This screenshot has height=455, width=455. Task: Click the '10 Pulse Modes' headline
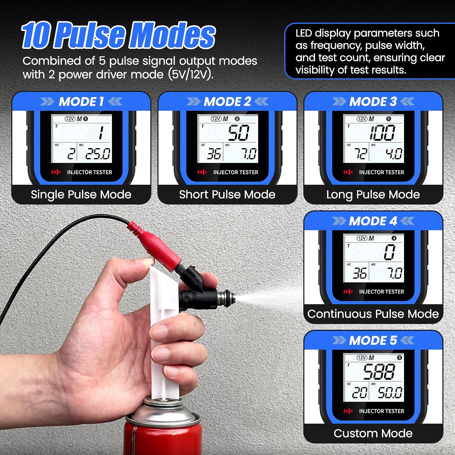click(x=118, y=35)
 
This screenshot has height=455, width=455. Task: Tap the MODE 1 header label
click(x=81, y=102)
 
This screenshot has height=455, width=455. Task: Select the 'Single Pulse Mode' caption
click(x=81, y=194)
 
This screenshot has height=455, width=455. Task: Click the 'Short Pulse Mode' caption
click(x=227, y=194)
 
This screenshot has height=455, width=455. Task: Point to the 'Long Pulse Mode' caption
click(x=373, y=194)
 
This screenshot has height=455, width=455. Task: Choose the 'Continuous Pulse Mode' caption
click(x=373, y=314)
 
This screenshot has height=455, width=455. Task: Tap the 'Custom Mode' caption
click(x=373, y=433)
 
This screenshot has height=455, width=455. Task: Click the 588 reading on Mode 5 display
click(x=379, y=372)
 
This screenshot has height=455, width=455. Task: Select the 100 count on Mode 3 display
click(x=382, y=133)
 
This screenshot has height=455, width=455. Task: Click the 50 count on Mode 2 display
click(x=239, y=133)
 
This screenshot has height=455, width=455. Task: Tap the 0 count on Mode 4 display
click(x=389, y=252)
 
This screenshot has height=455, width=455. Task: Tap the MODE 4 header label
click(x=373, y=221)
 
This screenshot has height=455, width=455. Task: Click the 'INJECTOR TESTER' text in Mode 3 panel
click(x=382, y=172)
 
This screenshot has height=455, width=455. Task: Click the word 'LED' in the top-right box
click(x=304, y=33)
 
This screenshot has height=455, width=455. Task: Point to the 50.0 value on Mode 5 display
click(x=390, y=393)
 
